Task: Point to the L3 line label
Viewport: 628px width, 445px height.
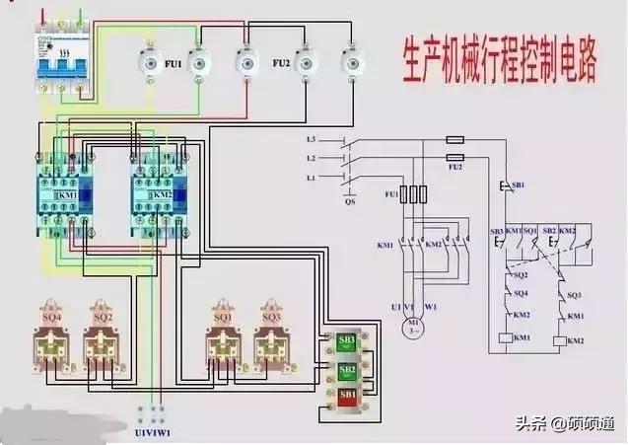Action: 311,140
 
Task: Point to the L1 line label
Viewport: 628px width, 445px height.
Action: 311,177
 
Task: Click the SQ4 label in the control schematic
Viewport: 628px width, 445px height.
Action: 521,293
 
